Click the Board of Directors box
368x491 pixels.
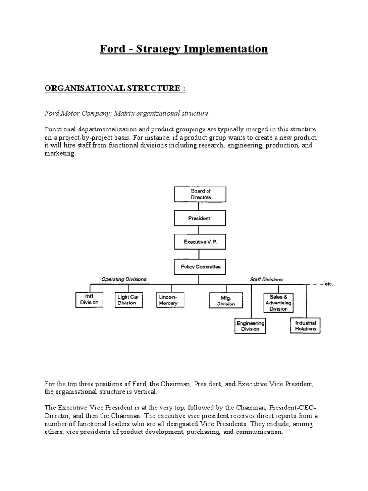coord(201,194)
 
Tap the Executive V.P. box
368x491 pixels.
coord(201,242)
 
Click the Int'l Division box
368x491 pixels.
coord(89,300)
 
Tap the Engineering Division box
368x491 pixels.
coord(250,327)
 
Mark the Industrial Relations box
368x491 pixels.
coord(306,327)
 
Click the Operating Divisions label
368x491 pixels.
coord(124,279)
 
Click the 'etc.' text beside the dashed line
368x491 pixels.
coord(328,284)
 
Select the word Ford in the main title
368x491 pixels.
coord(110,49)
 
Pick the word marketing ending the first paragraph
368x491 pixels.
coord(60,154)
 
